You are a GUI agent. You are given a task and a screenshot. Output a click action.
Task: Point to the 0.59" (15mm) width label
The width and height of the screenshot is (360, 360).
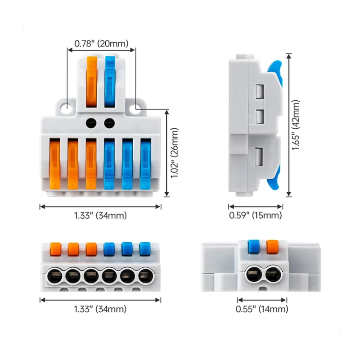tap(256, 216)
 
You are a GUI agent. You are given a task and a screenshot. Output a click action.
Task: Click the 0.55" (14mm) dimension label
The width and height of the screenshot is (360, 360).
tap(262, 309)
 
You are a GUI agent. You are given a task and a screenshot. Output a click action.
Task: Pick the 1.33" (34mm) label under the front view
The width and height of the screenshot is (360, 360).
tap(100, 309)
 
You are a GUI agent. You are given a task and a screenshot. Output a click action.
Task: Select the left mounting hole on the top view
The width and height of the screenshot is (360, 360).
tap(67, 108)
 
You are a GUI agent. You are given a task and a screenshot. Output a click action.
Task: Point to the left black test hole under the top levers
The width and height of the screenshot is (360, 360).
tap(92, 122)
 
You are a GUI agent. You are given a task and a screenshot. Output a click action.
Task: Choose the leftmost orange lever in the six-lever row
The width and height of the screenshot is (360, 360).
tap(55, 164)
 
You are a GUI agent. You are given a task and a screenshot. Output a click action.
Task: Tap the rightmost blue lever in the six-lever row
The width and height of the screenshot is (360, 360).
tap(145, 164)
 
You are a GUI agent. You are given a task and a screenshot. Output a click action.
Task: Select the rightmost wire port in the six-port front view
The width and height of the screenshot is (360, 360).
tap(145, 274)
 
